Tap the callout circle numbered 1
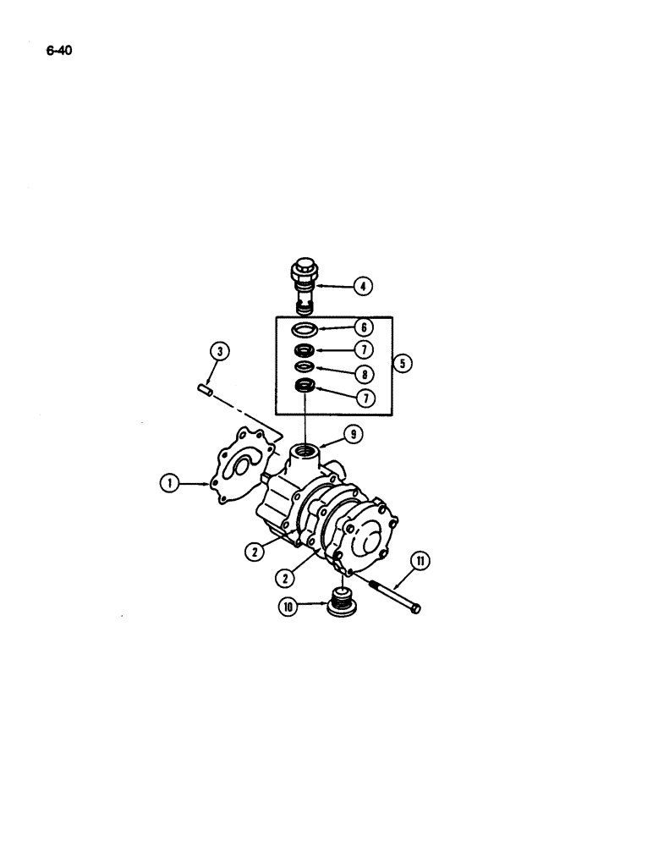(172, 484)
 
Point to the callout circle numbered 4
(362, 286)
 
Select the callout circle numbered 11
(420, 560)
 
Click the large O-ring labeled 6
(305, 328)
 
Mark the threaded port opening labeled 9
(305, 448)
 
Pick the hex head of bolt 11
(414, 608)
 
